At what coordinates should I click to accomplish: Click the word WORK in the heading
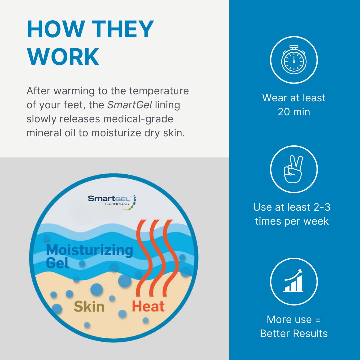click(63, 57)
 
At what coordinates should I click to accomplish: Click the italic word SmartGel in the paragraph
click(129, 105)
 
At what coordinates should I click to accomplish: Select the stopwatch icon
click(294, 60)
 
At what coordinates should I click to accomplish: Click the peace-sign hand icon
click(293, 169)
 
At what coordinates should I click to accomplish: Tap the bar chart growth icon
click(293, 281)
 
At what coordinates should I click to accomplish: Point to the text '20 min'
click(294, 112)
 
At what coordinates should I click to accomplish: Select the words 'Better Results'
click(294, 334)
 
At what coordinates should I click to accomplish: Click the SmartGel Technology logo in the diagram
click(112, 202)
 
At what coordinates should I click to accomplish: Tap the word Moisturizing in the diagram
click(90, 250)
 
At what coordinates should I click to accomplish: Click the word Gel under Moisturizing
click(57, 263)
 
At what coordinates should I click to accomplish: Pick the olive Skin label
click(89, 307)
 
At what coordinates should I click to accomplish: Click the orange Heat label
click(148, 306)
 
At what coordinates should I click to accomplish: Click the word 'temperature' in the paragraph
click(159, 91)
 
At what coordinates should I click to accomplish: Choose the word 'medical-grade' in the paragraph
click(138, 119)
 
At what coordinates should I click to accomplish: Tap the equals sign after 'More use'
click(318, 320)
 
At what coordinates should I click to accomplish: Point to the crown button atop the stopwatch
click(294, 47)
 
